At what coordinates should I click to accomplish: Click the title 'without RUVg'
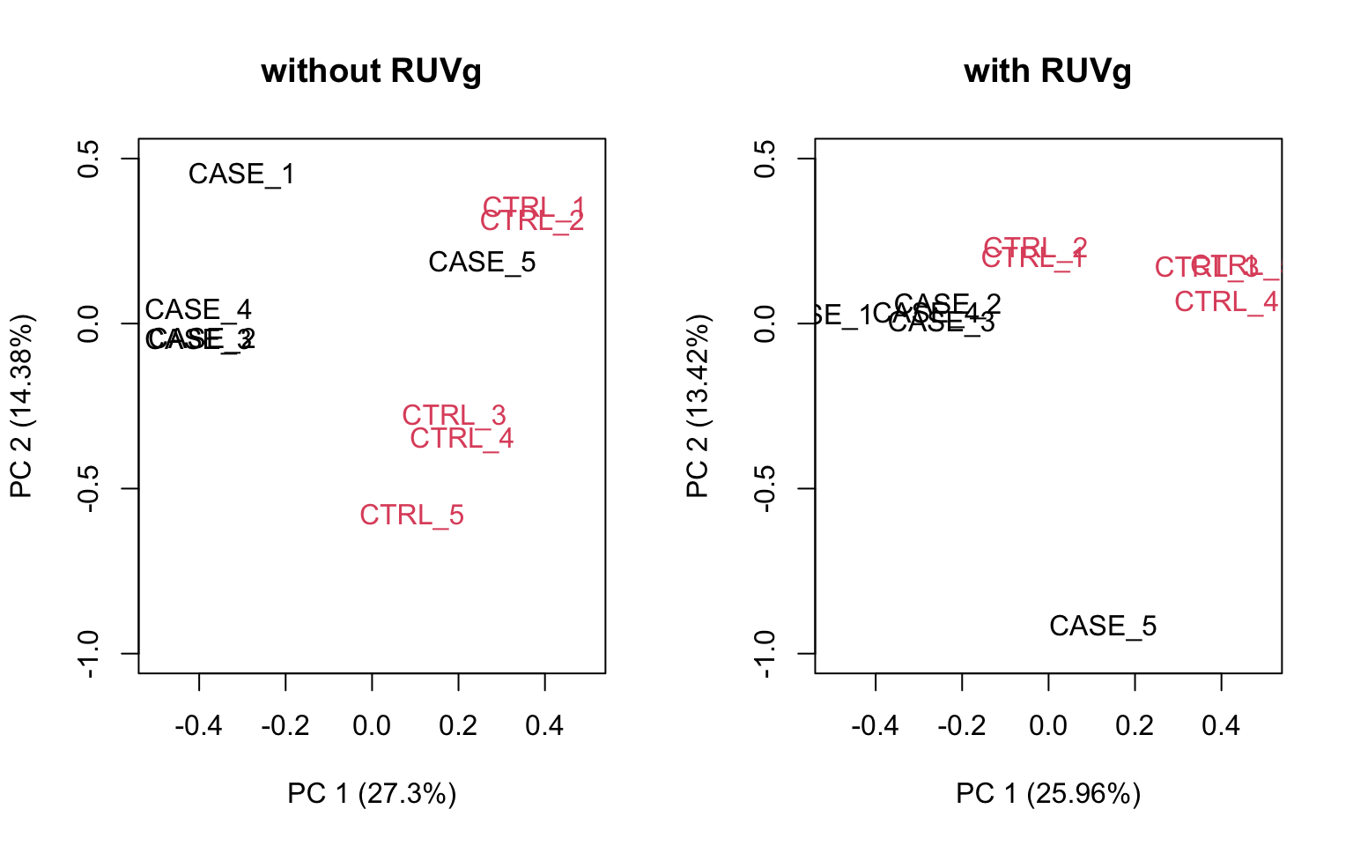point(371,70)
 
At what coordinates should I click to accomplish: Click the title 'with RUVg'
point(1047,70)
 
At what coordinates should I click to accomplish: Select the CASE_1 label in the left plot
point(241,174)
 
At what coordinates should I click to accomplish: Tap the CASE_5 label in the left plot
point(482,263)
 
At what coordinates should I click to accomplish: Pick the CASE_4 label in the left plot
point(198,309)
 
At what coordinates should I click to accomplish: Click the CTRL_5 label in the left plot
point(411,515)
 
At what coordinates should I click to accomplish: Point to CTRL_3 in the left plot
point(454,414)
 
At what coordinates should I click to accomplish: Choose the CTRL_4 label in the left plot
point(462,439)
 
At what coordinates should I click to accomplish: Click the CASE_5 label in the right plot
point(1103,626)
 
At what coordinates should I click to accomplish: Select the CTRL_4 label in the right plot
point(1226,302)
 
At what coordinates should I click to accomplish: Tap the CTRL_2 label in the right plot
point(1036,246)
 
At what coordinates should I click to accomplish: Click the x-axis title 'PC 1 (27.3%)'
point(372,794)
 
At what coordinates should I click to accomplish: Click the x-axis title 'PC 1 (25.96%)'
point(1048,794)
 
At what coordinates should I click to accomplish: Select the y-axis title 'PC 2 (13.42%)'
point(698,405)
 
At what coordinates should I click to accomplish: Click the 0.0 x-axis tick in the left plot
point(372,725)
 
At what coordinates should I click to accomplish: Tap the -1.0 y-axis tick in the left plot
point(88,654)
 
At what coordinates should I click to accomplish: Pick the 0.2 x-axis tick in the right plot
point(1135,725)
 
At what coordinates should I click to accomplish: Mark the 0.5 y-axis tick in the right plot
point(765,159)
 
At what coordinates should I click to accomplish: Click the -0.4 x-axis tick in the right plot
point(875,725)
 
